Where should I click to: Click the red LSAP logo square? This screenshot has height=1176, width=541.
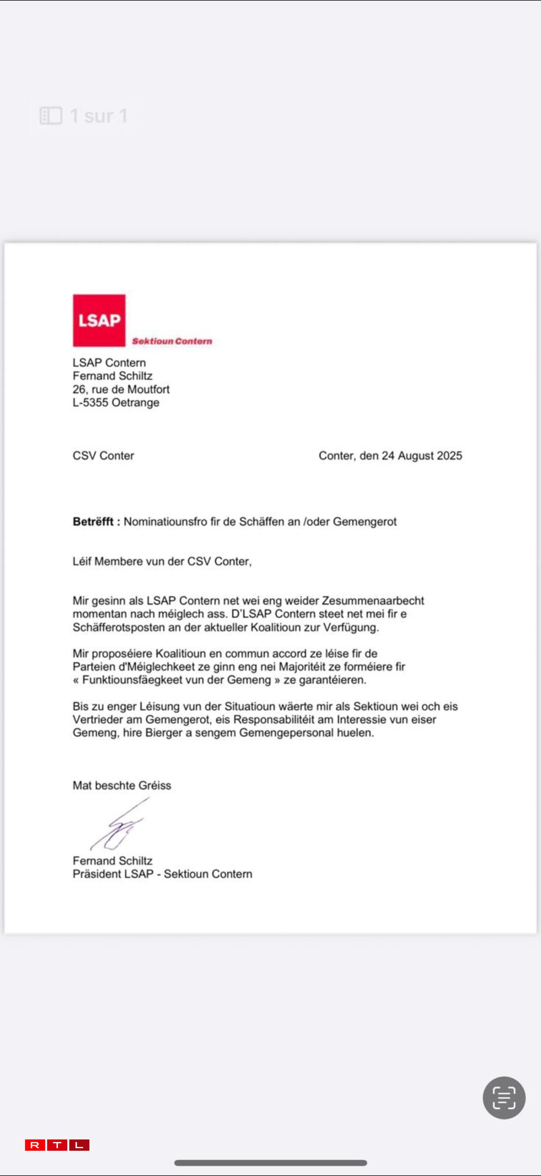coord(99,320)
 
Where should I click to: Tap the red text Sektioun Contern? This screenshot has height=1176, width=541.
coord(172,341)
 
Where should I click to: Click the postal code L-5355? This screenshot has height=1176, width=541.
coord(91,403)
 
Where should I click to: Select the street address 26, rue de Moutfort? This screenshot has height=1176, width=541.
coord(121,389)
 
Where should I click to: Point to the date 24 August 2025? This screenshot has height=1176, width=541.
coord(422,456)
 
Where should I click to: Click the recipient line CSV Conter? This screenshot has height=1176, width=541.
coord(103,456)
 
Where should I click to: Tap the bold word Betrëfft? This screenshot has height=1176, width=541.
coord(93,521)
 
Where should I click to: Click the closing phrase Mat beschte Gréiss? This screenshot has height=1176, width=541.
coord(122,785)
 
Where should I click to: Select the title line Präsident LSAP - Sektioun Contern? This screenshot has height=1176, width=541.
coord(162,874)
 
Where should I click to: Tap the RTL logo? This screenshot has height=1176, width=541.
coord(57,1145)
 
